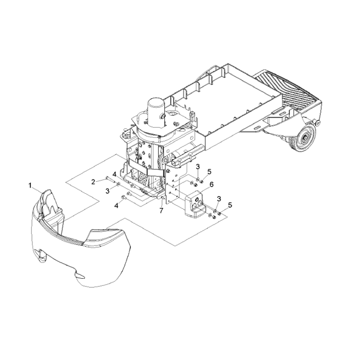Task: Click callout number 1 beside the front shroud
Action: [x=30, y=185]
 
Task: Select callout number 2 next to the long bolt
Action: [x=93, y=182]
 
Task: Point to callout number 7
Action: [x=161, y=210]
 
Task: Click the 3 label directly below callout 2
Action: [x=107, y=191]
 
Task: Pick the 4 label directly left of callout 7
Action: [x=116, y=206]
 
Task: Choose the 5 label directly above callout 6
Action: [x=209, y=172]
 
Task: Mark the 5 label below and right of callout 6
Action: [x=230, y=205]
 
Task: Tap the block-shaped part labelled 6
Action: [x=194, y=203]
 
